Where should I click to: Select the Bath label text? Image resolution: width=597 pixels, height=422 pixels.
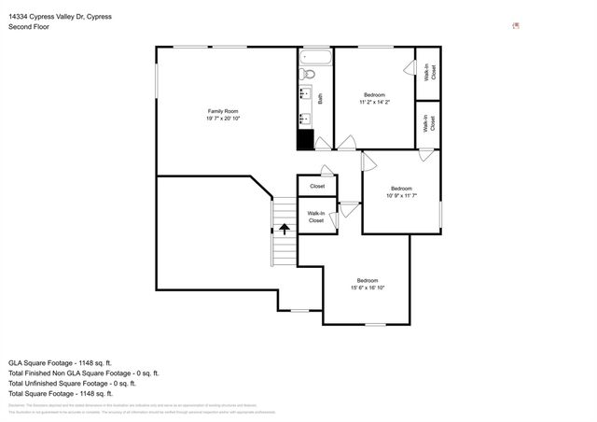pos(320,97)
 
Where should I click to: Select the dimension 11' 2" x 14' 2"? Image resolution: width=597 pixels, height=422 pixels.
pos(374,102)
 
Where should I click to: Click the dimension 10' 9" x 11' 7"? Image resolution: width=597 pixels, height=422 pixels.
pos(401,195)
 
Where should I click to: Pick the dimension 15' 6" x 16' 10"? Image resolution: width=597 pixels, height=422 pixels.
pos(367,288)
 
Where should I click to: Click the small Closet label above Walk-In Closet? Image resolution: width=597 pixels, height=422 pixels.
pos(316,187)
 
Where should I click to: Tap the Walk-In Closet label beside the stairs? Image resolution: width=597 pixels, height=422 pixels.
pos(316,218)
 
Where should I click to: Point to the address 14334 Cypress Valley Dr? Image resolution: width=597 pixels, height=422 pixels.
pos(64,16)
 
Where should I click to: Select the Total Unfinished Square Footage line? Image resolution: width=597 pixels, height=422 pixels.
pos(72,383)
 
